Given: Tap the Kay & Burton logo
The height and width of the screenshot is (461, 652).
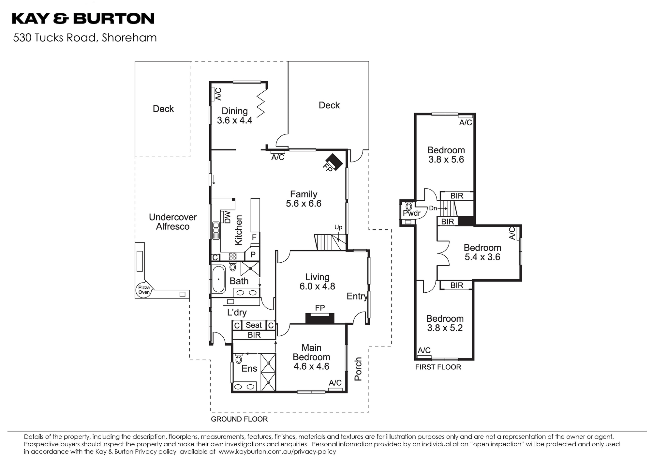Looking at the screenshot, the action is [83, 19].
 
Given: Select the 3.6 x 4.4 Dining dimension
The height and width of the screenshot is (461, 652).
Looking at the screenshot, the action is [235, 120].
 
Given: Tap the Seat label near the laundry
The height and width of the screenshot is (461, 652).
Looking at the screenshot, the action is [254, 325].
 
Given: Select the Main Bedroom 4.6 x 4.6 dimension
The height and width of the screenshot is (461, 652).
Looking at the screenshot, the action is [311, 366].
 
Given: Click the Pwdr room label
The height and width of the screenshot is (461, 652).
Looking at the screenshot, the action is [412, 213].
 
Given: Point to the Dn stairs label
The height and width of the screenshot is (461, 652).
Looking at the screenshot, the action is [433, 208].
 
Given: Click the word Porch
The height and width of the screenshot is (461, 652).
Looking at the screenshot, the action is [358, 369].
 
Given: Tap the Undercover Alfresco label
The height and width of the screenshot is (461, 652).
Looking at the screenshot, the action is [173, 222].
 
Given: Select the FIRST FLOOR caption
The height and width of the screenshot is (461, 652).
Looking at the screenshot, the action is [438, 367].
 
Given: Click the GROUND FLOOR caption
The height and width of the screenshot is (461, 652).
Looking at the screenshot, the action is [239, 419].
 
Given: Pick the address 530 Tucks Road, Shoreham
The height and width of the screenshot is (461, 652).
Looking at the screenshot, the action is [85, 38].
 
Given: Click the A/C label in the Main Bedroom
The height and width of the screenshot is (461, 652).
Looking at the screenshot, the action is [335, 383].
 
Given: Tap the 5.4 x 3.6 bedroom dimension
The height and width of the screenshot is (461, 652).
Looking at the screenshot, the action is [482, 257].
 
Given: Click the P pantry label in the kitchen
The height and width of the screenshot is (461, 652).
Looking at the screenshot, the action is [253, 254].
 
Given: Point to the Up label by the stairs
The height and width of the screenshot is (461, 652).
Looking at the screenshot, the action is [338, 227].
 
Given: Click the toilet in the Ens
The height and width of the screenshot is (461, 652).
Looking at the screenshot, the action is [239, 360].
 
